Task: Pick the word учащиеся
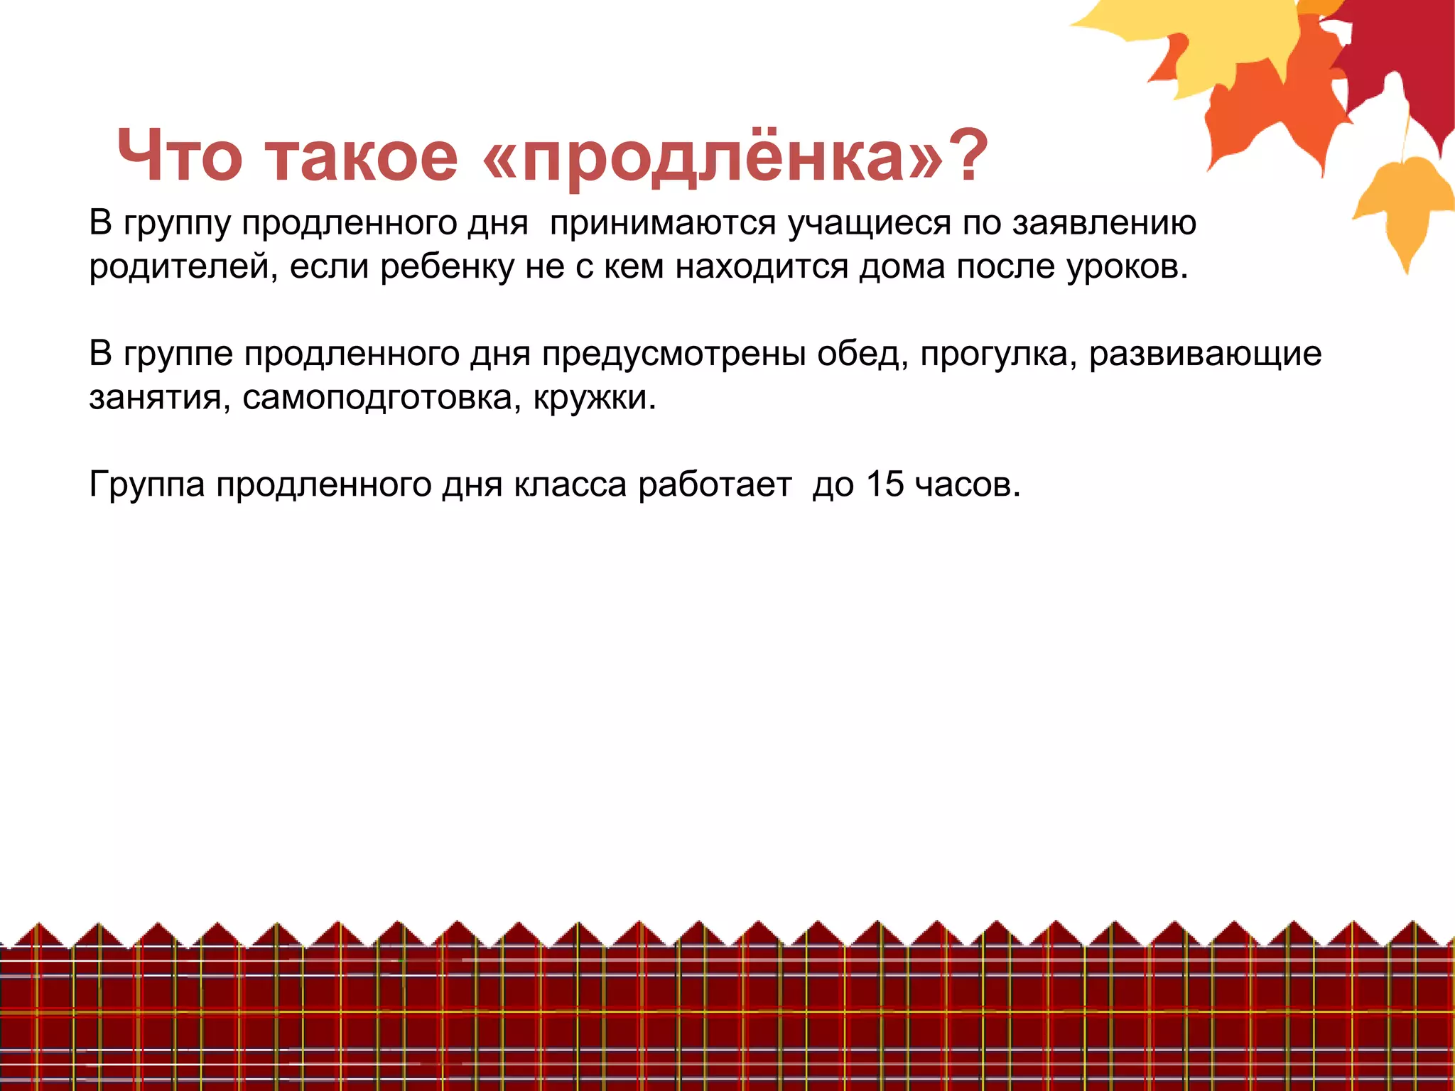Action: tap(870, 224)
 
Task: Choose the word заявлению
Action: tap(1104, 224)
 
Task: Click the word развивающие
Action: tap(1205, 354)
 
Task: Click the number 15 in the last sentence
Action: tap(885, 484)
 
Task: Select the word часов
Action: tap(967, 484)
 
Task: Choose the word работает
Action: tap(715, 484)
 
